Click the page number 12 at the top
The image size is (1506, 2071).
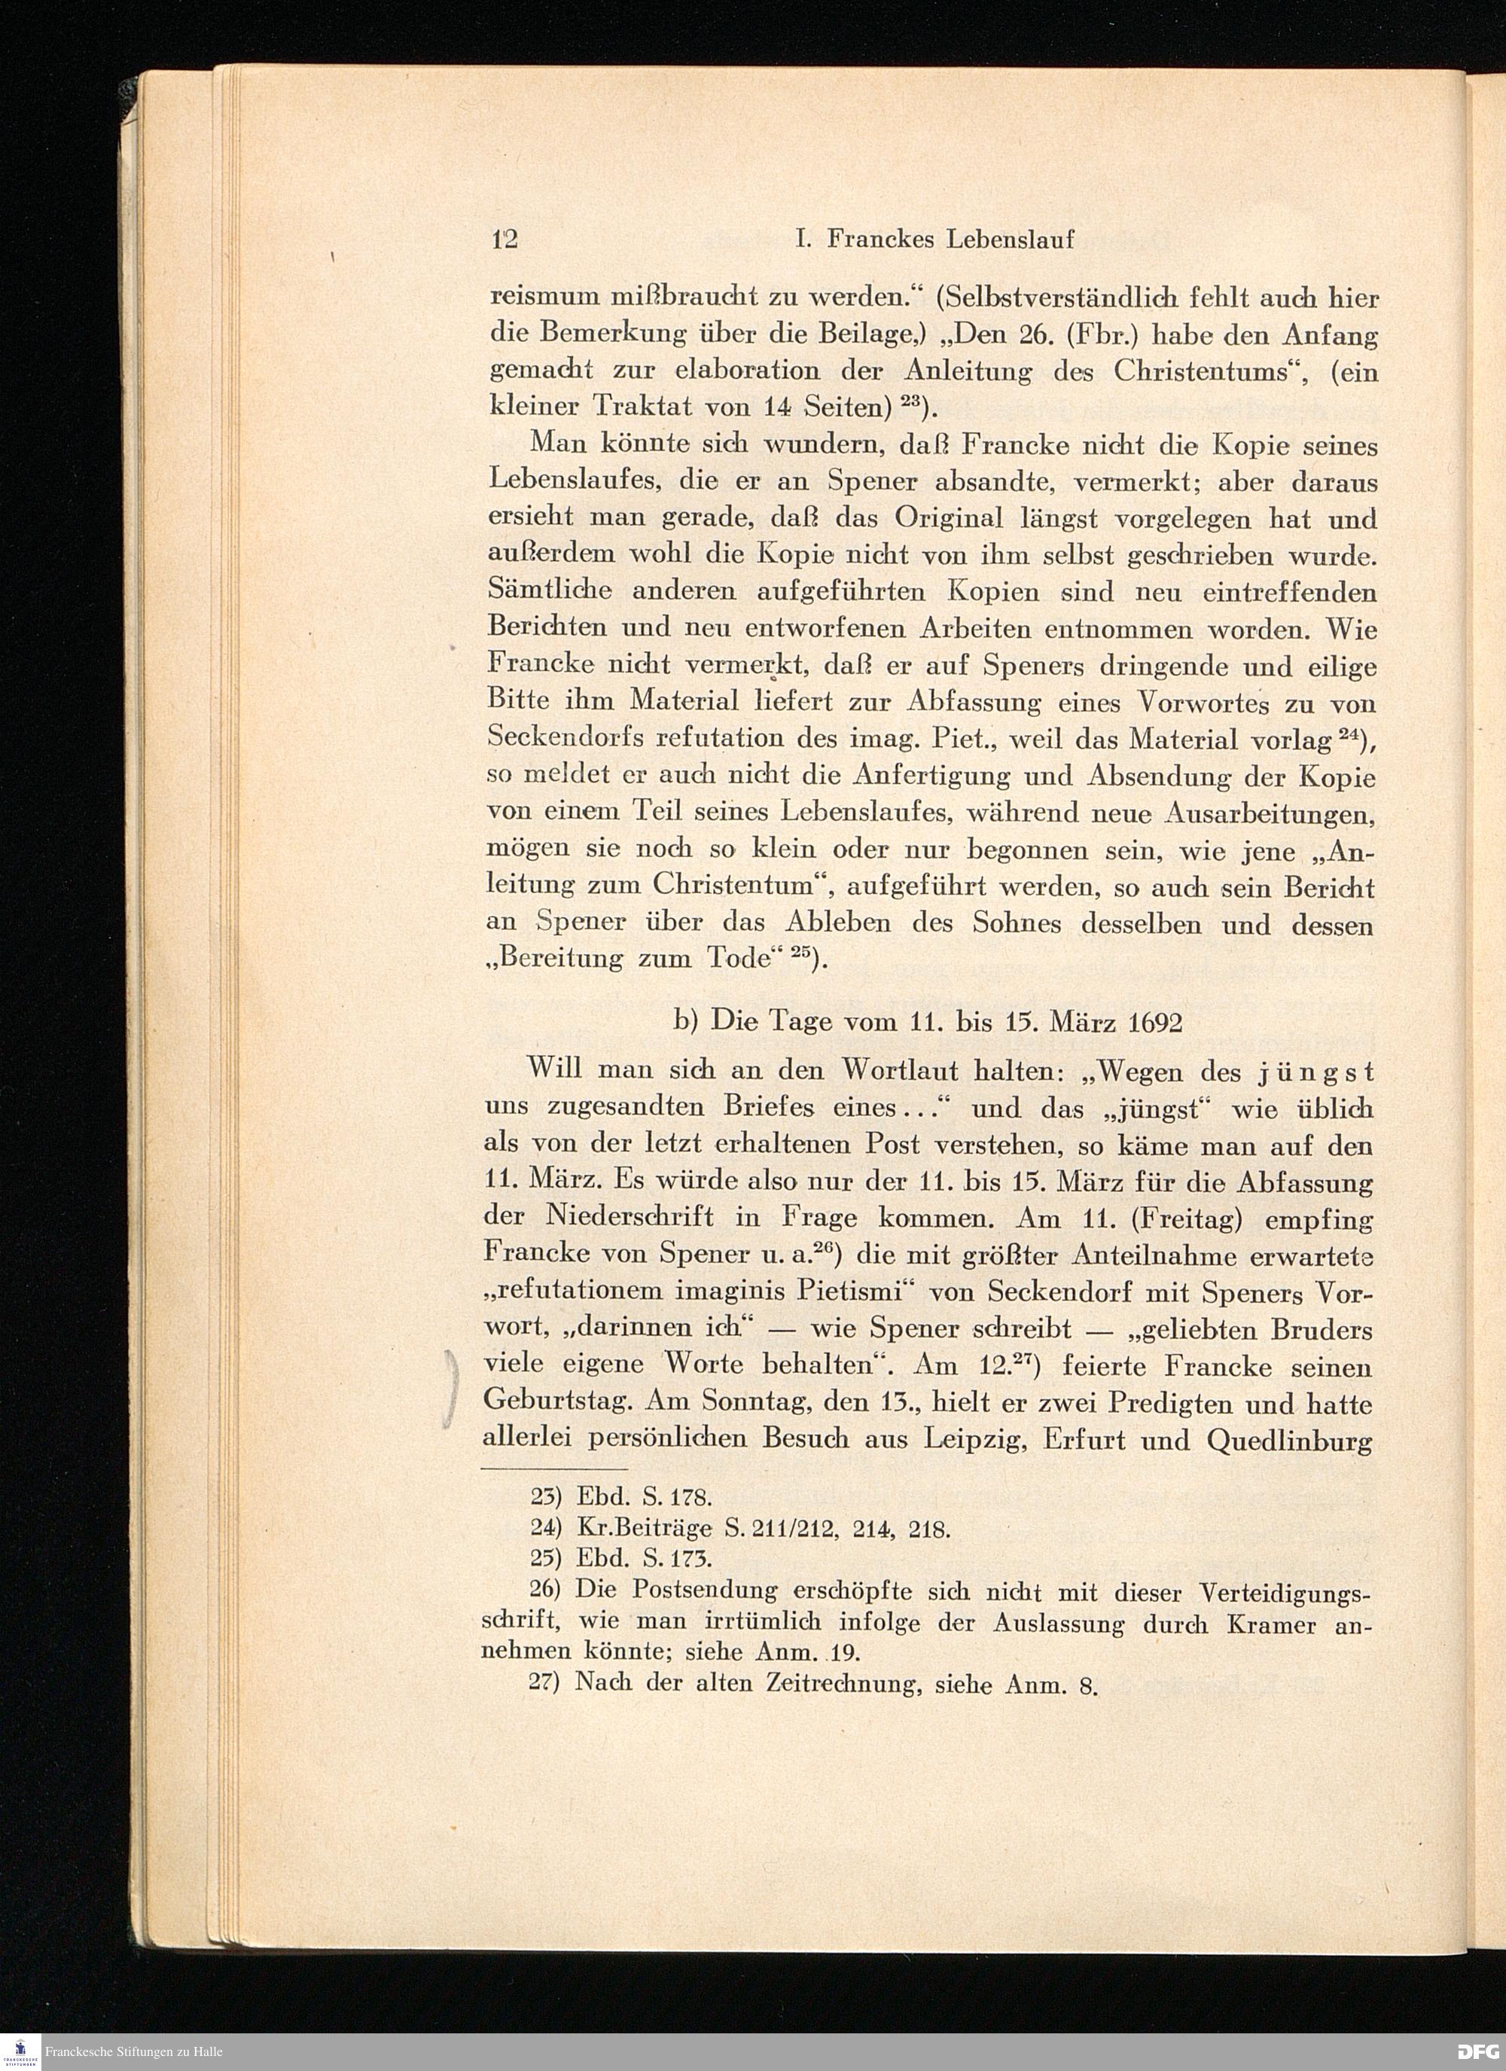(x=504, y=239)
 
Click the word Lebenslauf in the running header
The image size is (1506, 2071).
(x=1009, y=239)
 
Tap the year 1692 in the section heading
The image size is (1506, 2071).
(x=1155, y=1023)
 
